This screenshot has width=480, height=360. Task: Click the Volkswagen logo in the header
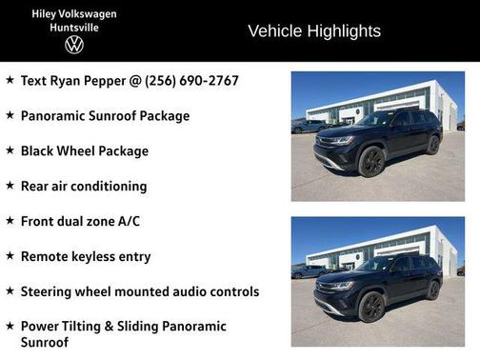pyautogui.click(x=74, y=45)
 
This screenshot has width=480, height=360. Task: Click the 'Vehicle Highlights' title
pyautogui.click(x=314, y=31)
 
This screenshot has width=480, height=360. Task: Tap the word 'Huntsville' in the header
pyautogui.click(x=74, y=27)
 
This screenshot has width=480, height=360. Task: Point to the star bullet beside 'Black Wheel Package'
pyautogui.click(x=10, y=150)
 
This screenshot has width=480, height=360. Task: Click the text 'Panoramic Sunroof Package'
pyautogui.click(x=105, y=116)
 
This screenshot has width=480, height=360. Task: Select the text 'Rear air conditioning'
pyautogui.click(x=84, y=186)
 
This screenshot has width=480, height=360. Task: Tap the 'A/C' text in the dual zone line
pyautogui.click(x=127, y=221)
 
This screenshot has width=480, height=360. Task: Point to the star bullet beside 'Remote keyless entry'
pyautogui.click(x=10, y=256)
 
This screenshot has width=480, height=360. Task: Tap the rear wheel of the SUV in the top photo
pyautogui.click(x=433, y=145)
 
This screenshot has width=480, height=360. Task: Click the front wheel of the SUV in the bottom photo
pyautogui.click(x=371, y=307)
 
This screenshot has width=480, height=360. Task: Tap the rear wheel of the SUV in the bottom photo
pyautogui.click(x=433, y=290)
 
